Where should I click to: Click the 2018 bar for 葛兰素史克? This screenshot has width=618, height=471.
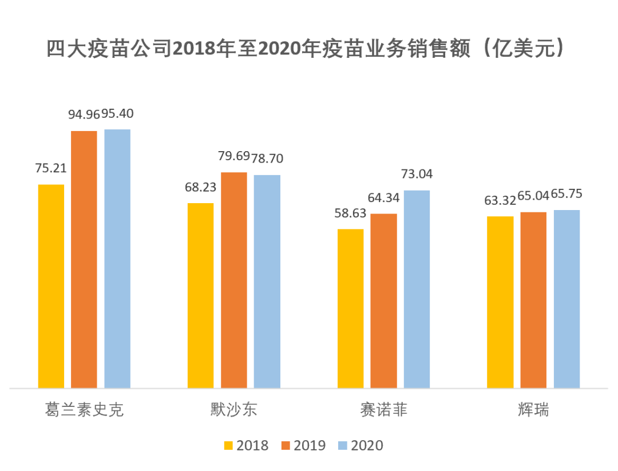point(51,286)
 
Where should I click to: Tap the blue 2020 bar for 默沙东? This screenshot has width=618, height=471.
point(267,281)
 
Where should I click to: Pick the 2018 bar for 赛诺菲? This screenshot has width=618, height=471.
point(350,308)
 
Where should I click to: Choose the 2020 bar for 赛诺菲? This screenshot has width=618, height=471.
point(417,289)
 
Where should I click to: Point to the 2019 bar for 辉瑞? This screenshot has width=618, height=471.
point(533,300)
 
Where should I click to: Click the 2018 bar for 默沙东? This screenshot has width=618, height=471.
point(200,295)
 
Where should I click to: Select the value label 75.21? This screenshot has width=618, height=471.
point(51,168)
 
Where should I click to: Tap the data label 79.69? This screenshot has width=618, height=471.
point(233,156)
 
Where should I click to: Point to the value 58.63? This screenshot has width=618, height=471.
point(351,213)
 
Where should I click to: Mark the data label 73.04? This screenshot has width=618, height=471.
point(417,174)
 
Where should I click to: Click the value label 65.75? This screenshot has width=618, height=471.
point(567,194)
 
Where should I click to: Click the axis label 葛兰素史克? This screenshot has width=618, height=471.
point(84,410)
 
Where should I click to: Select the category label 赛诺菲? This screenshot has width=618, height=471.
point(383,410)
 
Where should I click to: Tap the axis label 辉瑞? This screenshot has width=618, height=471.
point(533,410)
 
